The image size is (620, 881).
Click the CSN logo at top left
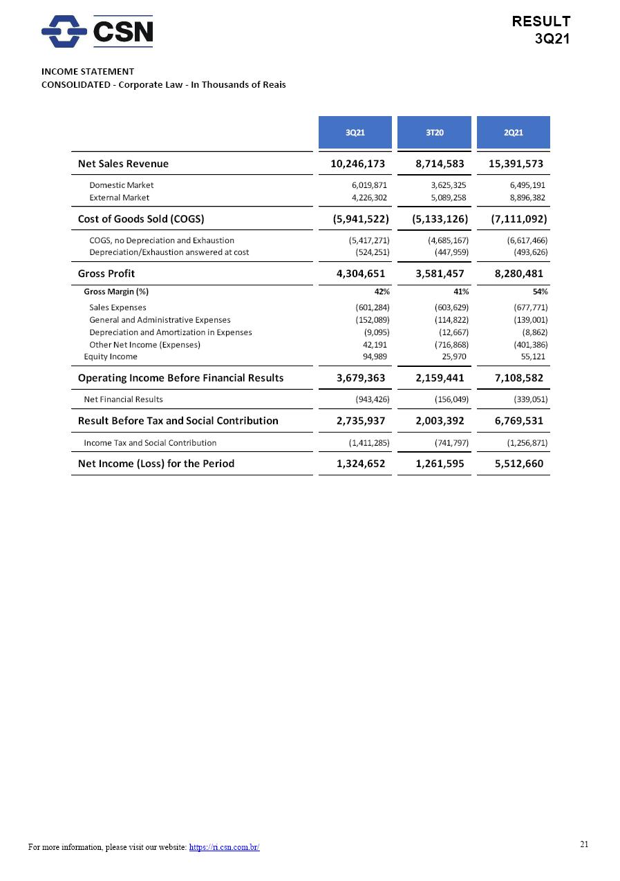97,31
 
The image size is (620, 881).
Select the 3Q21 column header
355,132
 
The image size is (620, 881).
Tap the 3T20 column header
434,132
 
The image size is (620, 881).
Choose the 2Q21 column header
513,132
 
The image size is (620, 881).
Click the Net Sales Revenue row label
123,164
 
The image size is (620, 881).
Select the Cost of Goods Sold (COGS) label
141,219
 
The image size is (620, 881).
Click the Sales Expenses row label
118,307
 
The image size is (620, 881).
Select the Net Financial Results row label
123,399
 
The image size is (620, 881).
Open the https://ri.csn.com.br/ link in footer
224,847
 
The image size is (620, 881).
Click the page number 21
584,844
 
